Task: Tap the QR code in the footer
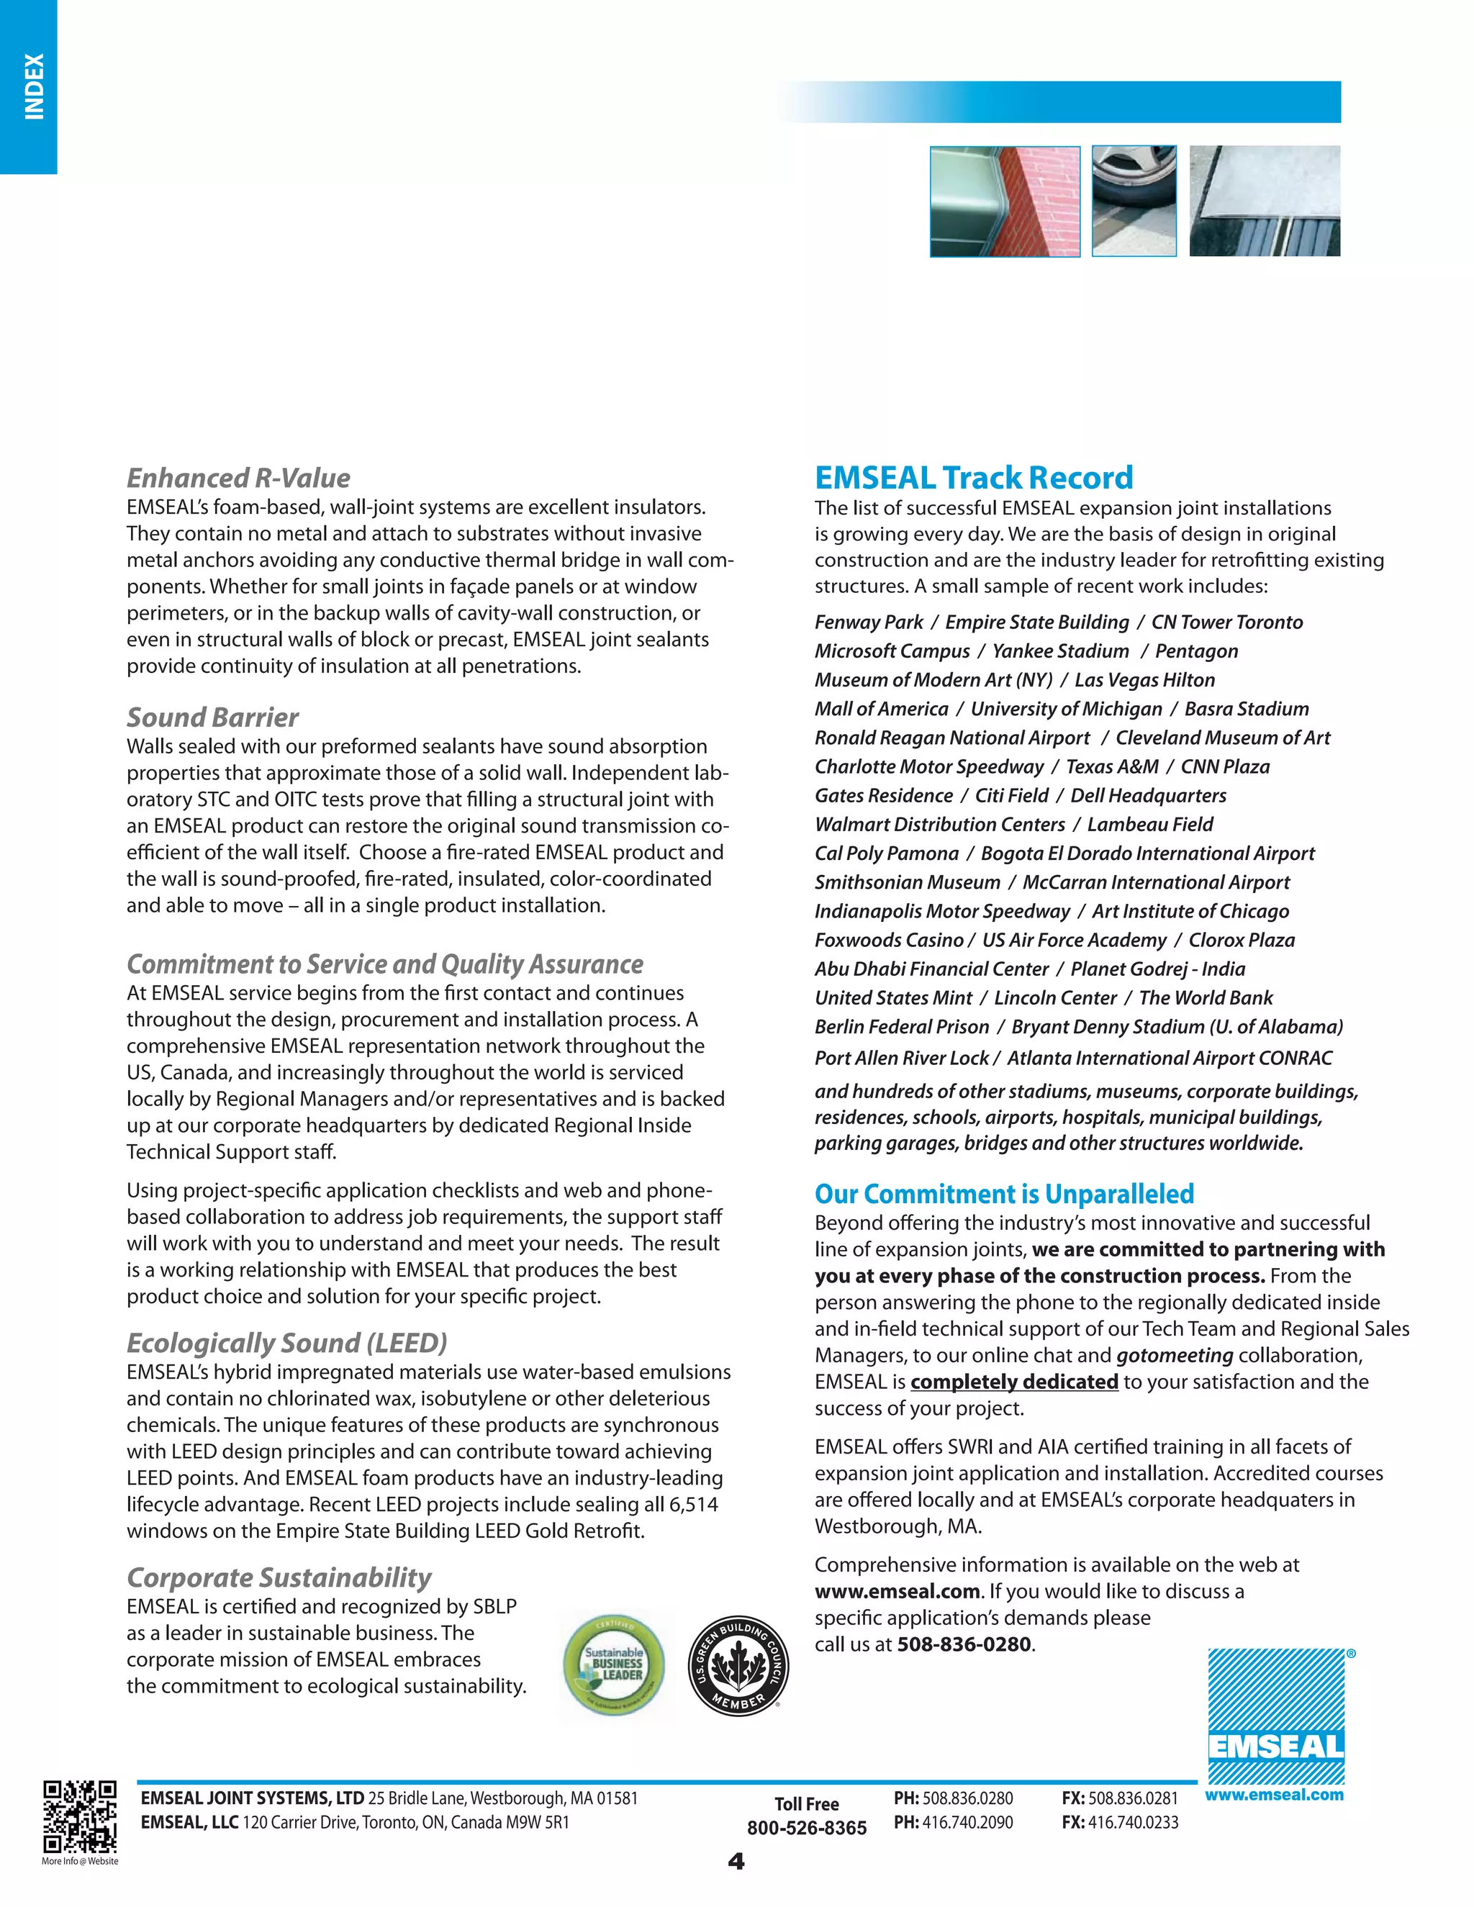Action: click(79, 1816)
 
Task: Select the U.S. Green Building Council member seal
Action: click(738, 1665)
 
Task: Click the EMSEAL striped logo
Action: click(1276, 1716)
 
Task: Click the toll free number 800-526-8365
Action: click(806, 1828)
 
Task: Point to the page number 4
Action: click(736, 1862)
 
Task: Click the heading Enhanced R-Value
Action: click(238, 478)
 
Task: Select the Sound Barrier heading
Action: click(212, 717)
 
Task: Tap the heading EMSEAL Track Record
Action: click(974, 478)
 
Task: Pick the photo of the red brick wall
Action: click(1005, 201)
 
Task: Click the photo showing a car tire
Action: click(1134, 201)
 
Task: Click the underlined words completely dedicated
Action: click(1014, 1382)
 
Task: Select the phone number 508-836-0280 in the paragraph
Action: click(964, 1644)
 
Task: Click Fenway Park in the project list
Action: click(868, 622)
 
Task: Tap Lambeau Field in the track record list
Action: click(1150, 824)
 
